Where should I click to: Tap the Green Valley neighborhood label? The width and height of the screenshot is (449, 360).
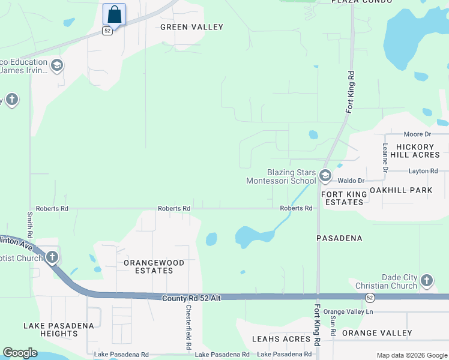tap(191, 27)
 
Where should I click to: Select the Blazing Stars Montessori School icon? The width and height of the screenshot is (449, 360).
tap(325, 176)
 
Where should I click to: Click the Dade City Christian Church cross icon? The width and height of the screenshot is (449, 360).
tap(426, 280)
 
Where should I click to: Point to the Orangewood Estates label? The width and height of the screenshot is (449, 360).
tap(148, 266)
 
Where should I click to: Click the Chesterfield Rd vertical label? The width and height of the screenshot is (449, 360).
tap(188, 328)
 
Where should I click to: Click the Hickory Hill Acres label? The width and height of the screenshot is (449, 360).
tap(415, 151)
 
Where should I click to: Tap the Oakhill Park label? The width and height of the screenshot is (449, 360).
tap(401, 190)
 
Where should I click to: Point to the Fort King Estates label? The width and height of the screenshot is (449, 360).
tap(343, 199)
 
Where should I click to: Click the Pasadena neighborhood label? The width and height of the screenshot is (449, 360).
tap(339, 238)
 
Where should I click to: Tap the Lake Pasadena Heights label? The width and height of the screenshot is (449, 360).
tap(59, 330)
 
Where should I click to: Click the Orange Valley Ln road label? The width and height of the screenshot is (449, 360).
tap(348, 312)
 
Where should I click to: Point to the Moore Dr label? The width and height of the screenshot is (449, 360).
tap(418, 134)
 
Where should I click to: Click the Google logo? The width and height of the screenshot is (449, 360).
tap(20, 353)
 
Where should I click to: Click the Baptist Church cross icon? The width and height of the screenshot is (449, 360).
tap(52, 257)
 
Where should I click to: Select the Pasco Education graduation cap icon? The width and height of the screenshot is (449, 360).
tap(57, 65)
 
